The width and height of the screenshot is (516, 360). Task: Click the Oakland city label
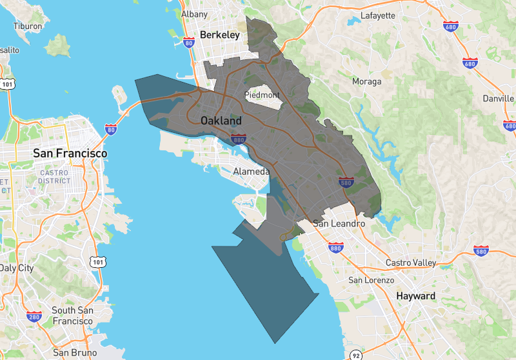(221, 121)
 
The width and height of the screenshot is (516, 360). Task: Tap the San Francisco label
(70, 154)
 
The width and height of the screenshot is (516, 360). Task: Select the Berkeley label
(219, 35)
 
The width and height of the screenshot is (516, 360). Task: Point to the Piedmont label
(262, 95)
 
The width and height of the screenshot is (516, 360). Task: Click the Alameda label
(252, 172)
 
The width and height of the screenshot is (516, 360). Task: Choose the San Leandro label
(339, 223)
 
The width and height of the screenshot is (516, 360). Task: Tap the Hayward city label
(416, 296)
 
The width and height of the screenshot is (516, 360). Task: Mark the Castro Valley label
(411, 263)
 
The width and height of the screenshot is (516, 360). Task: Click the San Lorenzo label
(371, 280)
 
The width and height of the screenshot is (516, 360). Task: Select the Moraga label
(366, 81)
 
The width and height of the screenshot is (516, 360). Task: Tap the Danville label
(499, 99)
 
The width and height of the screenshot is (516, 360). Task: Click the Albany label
(194, 14)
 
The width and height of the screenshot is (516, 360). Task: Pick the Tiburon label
(28, 26)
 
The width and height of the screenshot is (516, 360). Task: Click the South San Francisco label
(72, 315)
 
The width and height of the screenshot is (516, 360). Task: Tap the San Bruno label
(75, 353)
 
